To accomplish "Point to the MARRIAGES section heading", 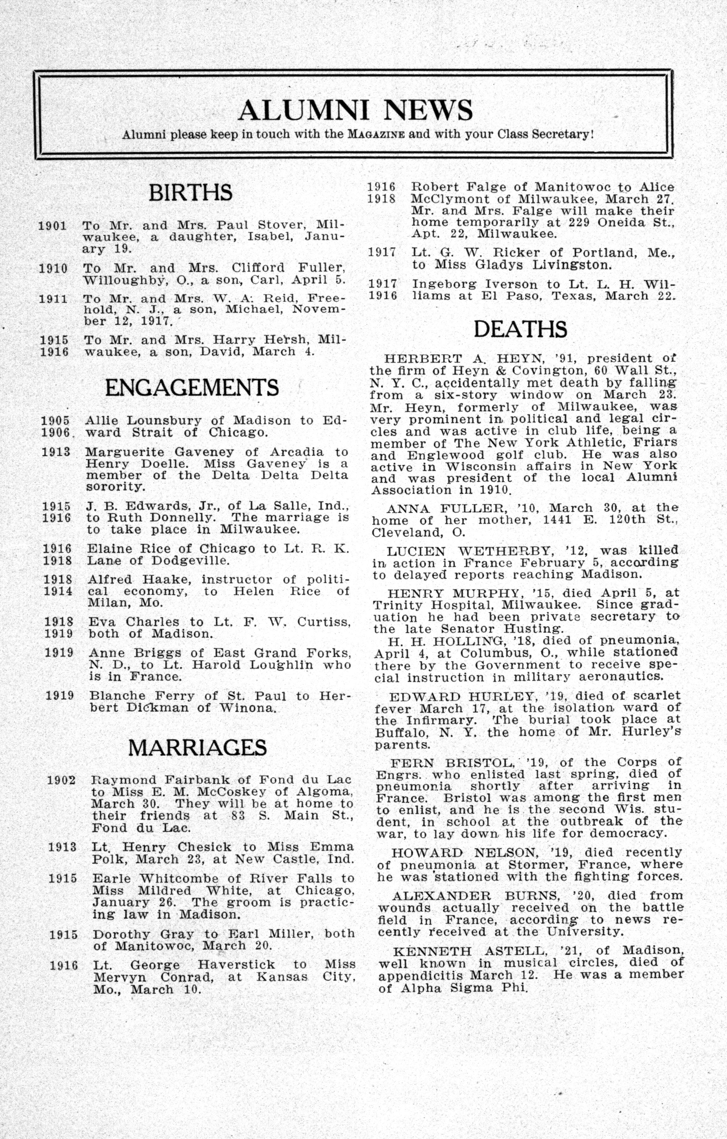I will [198, 747].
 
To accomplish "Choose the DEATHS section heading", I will [520, 329].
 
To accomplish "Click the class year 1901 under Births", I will [52, 225].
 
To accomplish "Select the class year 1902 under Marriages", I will [62, 779].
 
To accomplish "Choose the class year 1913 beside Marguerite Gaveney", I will [56, 452].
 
